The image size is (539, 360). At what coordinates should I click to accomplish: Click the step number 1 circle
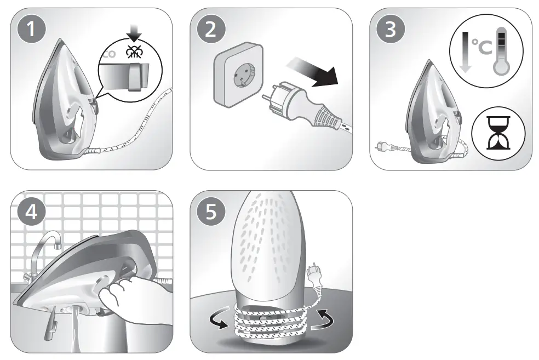(31, 28)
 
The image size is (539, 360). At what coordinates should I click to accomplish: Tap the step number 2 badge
(211, 28)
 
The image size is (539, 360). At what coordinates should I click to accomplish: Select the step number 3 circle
(391, 28)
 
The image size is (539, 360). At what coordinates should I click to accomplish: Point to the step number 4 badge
(31, 211)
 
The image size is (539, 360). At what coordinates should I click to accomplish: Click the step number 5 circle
(211, 211)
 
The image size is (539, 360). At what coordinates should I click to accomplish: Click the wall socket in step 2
(239, 75)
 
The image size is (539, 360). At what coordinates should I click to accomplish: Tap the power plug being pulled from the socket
(302, 107)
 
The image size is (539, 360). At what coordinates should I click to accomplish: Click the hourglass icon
(498, 133)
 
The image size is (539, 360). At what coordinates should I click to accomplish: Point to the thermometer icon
(501, 51)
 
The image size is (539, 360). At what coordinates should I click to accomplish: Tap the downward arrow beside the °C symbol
(465, 52)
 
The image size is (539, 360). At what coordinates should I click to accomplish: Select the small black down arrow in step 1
(134, 33)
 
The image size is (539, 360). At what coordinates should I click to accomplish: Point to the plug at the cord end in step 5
(314, 276)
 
